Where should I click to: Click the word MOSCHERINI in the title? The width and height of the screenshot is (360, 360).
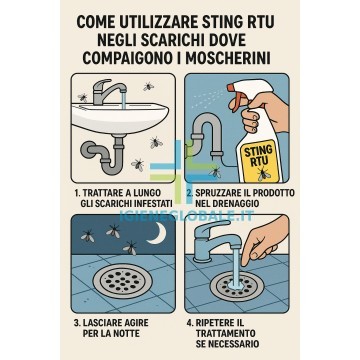[228, 58]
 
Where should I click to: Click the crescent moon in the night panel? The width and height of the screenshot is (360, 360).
[157, 233]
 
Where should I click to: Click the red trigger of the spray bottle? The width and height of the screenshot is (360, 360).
[236, 96]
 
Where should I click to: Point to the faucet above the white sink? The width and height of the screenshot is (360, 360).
[109, 91]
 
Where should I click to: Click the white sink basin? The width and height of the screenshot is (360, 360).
[120, 118]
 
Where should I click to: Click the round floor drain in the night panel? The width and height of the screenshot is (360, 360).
[123, 281]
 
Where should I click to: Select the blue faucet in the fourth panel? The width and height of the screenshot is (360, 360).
[216, 239]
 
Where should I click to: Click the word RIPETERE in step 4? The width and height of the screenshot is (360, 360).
[214, 323]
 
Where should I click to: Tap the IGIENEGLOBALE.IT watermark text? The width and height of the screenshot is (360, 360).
[187, 216]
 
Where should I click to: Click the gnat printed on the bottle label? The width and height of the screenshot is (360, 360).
[264, 174]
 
